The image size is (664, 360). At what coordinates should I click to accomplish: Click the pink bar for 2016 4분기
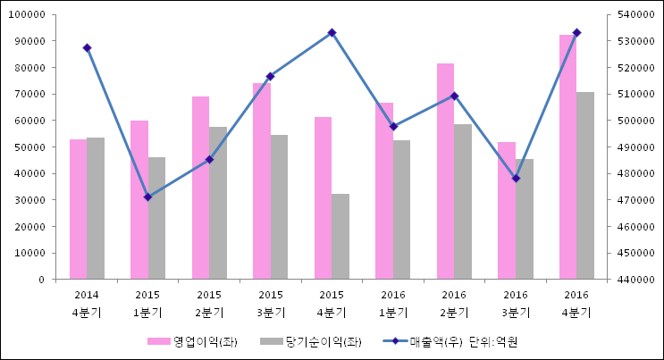click(567, 157)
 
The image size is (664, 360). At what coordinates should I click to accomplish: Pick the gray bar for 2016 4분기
click(585, 186)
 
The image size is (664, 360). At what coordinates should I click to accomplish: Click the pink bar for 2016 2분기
click(445, 172)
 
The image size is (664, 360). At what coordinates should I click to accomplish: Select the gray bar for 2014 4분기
click(96, 208)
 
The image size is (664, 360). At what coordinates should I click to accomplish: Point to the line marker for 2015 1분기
click(147, 197)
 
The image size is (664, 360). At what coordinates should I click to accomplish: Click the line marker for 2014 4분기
click(87, 47)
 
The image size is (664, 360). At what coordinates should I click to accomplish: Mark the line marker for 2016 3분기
click(516, 179)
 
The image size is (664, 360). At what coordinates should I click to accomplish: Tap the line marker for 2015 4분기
click(332, 32)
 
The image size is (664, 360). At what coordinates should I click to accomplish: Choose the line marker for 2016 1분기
click(393, 127)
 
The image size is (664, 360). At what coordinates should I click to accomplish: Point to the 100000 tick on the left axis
click(29, 15)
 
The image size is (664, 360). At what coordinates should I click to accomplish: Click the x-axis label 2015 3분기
click(271, 304)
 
